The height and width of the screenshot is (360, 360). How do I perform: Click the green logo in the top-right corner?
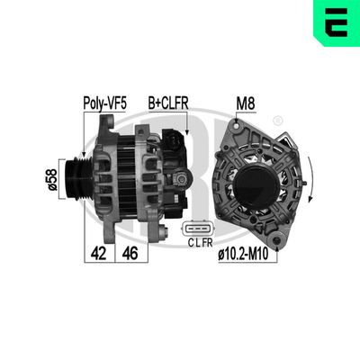(337, 22)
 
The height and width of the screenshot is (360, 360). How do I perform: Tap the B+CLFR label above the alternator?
(167, 103)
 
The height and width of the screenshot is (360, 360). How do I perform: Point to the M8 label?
(246, 103)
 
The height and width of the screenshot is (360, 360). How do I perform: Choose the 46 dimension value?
(130, 254)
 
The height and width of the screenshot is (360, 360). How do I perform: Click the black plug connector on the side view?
(172, 143)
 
